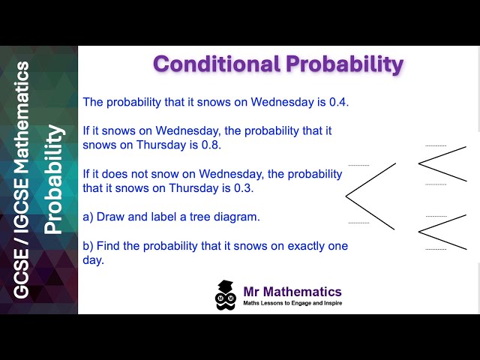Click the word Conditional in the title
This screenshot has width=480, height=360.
tap(216, 64)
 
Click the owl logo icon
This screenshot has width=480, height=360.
tap(226, 295)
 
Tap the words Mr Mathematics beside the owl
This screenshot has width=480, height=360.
tap(292, 292)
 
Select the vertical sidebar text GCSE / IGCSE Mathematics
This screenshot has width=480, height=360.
tap(22, 180)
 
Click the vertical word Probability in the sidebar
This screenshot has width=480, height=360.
tap(54, 180)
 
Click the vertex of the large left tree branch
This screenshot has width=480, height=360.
tap(346, 196)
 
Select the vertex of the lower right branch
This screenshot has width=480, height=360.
tap(418, 230)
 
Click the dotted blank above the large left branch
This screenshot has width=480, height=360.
tap(358, 165)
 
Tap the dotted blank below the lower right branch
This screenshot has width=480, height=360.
tap(436, 249)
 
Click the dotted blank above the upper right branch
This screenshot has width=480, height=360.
tap(436, 145)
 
